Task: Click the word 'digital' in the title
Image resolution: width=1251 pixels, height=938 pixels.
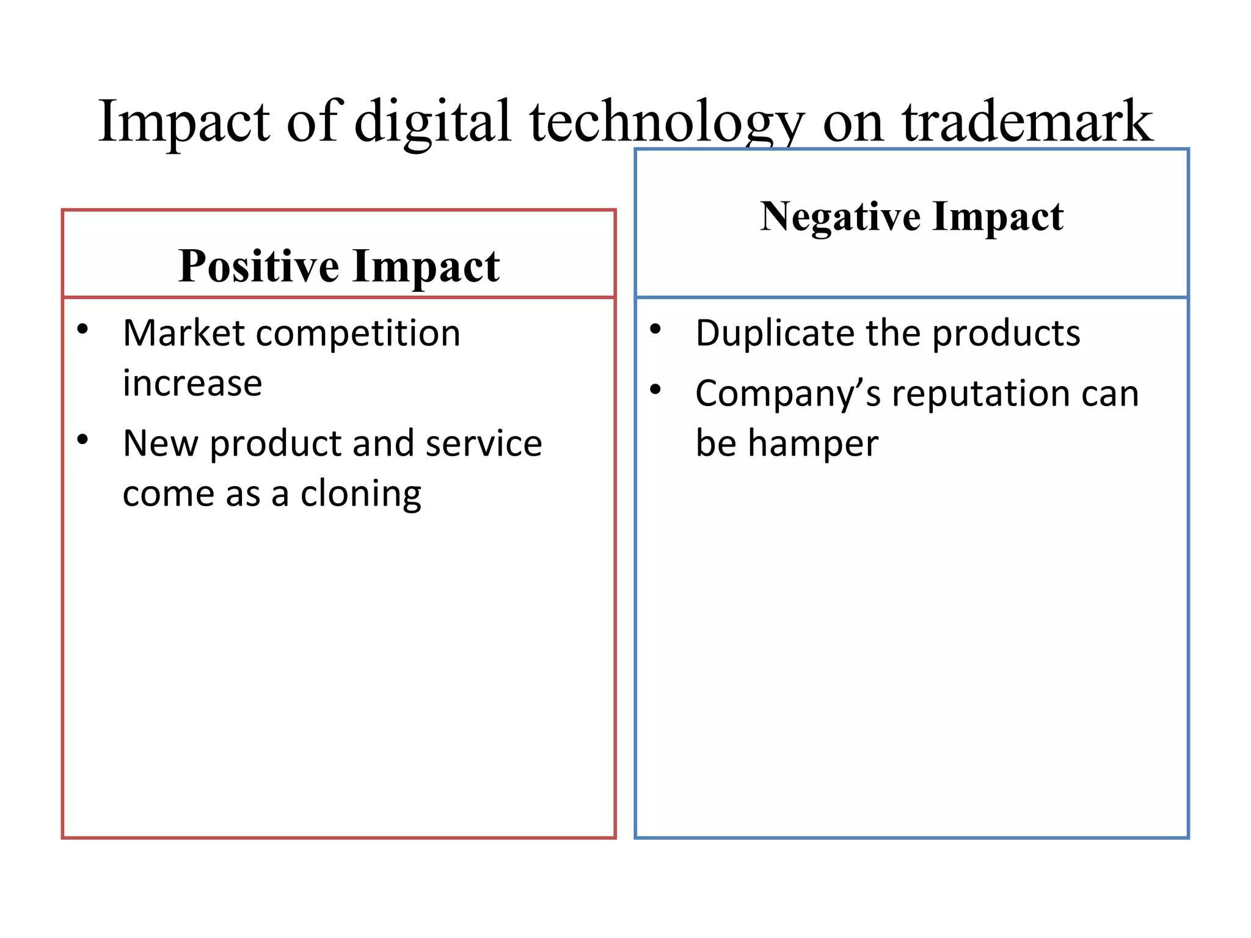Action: point(432,122)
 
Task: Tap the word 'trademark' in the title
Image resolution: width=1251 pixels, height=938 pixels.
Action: point(1027,122)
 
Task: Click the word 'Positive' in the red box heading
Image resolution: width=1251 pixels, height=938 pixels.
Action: point(258,266)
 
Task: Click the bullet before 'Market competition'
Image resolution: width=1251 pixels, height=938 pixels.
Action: point(82,330)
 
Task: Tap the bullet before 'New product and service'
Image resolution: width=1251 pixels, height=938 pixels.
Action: point(82,440)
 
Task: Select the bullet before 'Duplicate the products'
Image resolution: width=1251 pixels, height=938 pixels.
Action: point(655,330)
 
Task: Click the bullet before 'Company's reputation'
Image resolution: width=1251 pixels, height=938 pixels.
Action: point(655,390)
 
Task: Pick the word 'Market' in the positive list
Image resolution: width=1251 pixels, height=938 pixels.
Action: point(184,333)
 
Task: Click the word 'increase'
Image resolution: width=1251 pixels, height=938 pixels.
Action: point(192,384)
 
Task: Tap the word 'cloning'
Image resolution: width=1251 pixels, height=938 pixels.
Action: point(360,493)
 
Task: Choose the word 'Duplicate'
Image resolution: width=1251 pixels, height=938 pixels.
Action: point(774,333)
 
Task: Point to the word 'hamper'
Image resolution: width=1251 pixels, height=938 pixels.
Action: point(813,443)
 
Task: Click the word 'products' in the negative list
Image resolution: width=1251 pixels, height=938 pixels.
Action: point(1006,333)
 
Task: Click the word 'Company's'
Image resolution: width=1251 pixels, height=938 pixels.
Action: point(788,394)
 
